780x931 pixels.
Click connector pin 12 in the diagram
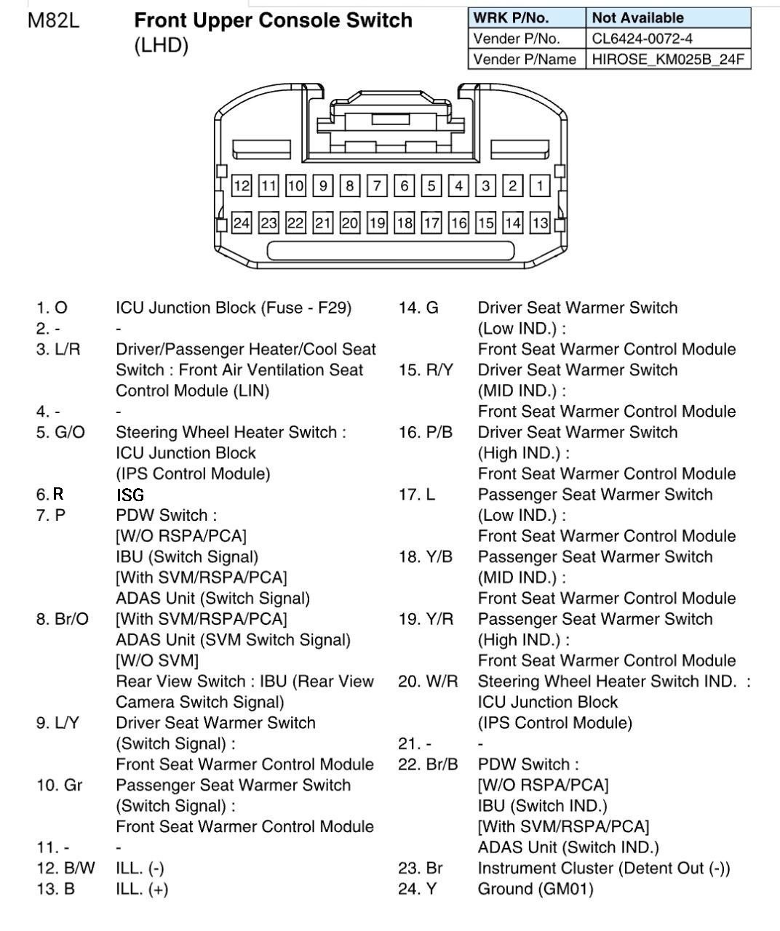tap(242, 185)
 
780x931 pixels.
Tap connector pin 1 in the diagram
tap(540, 185)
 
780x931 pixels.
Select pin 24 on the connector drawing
tap(242, 223)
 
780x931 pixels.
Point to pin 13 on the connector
tap(540, 223)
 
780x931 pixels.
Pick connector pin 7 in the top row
tap(377, 185)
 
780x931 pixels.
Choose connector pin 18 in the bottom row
tap(405, 223)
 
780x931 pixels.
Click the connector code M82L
tap(54, 20)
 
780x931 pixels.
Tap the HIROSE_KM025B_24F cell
tap(667, 59)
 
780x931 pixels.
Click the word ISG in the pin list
tap(130, 495)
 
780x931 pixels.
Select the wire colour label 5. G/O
tap(60, 433)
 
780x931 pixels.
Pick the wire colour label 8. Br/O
tap(62, 619)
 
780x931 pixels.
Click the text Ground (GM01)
tap(535, 889)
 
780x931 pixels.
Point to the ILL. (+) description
tap(142, 889)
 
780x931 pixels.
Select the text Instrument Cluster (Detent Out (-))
tap(603, 868)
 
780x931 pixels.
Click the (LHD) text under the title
tap(161, 46)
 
